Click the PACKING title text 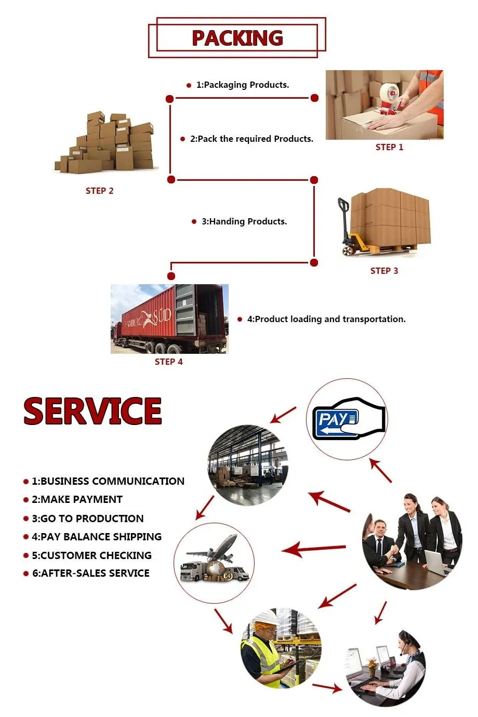pos(237,38)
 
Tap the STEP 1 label pos(389,147)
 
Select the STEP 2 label pos(99,191)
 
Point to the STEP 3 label pos(384,271)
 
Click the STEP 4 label pos(168,362)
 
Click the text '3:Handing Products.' pos(244,221)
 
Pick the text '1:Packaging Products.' pos(242,85)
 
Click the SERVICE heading pos(92,411)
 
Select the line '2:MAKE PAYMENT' pos(77,499)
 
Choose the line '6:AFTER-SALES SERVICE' pos(90,573)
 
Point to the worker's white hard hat pos(265,618)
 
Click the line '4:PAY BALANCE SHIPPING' pos(97,537)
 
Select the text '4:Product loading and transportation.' pos(326,319)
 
